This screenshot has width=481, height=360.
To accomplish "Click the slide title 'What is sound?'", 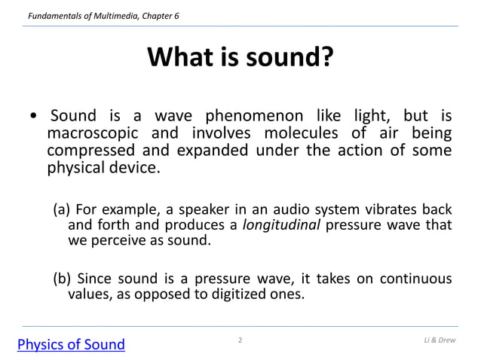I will tap(240, 57).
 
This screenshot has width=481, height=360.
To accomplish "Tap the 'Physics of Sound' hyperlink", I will tap(71, 345).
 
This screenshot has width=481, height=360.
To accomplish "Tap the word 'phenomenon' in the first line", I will tap(250, 116).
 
